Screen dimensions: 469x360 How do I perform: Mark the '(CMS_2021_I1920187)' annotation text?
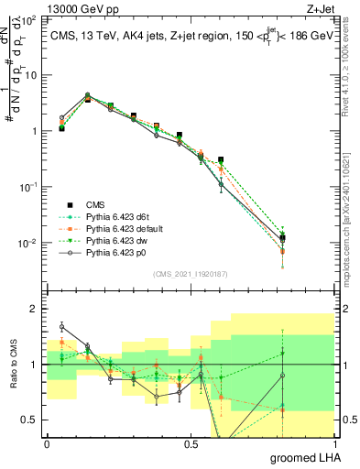[x=191, y=274]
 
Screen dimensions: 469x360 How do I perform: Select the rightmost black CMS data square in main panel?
[x=282, y=238]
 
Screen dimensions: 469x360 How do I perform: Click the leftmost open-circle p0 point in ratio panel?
[x=61, y=326]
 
